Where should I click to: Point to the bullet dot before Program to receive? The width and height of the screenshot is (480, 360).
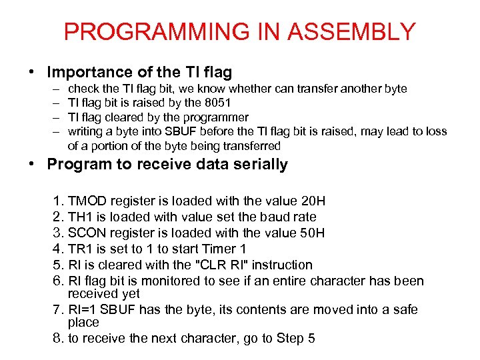(37, 165)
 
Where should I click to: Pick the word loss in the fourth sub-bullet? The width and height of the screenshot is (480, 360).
(435, 131)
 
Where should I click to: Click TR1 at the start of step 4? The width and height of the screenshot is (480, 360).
(81, 249)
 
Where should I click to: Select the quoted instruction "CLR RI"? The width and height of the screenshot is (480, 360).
(212, 265)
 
